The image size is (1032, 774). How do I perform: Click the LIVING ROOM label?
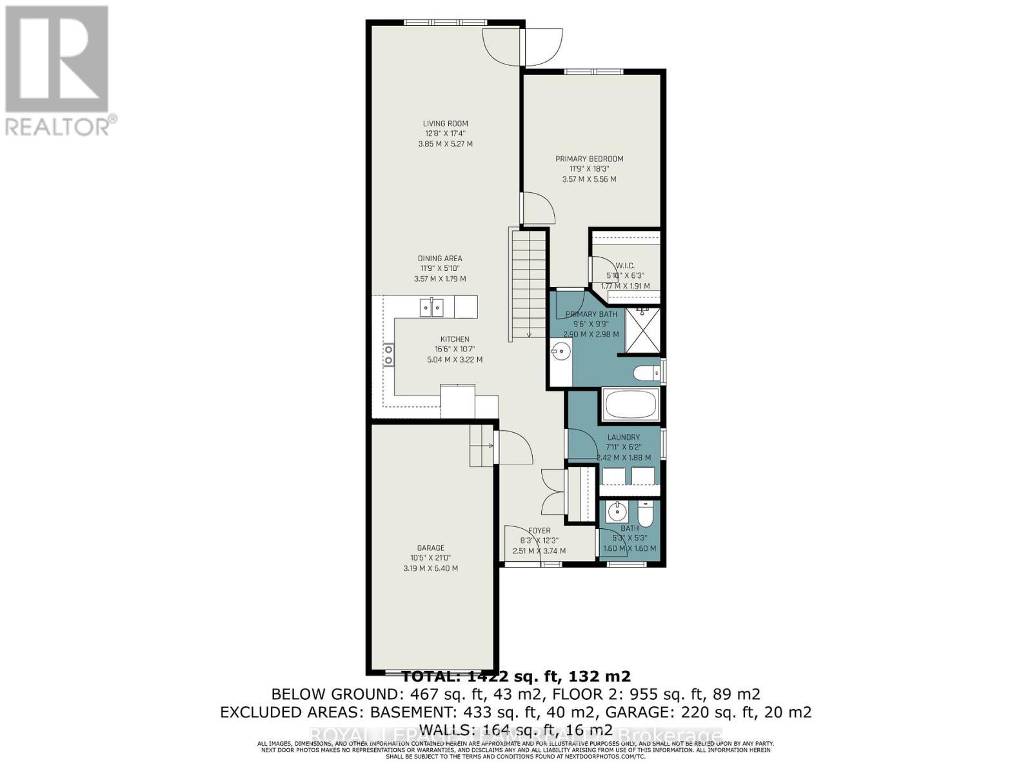(445, 124)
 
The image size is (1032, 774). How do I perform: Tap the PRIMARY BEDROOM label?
(589, 159)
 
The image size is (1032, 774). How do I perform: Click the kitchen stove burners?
(389, 355)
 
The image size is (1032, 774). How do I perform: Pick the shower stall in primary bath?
(643, 332)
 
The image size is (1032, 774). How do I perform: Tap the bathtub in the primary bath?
(630, 404)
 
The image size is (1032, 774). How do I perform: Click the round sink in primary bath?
(560, 352)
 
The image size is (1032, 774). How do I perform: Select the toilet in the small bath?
(645, 515)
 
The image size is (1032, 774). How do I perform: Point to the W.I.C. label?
(624, 266)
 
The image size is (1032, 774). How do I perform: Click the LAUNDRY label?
(623, 437)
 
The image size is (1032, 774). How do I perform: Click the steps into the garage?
(481, 445)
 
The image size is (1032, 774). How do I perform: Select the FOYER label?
(539, 531)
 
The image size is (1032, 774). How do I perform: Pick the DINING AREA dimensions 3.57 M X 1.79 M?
(439, 279)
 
